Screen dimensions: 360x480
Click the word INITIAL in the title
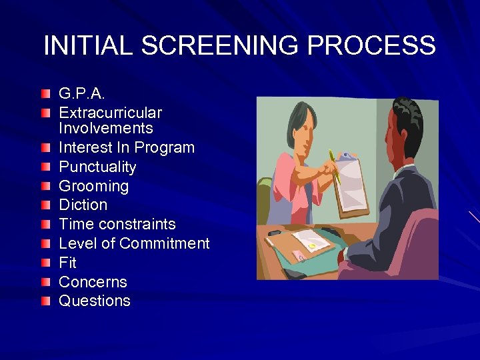coord(87,46)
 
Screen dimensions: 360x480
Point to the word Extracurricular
coord(110,113)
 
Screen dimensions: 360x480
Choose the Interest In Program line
coord(127,147)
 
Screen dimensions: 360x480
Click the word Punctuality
coord(97,167)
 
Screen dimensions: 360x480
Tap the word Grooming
coord(93,186)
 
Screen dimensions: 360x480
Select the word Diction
coord(83,205)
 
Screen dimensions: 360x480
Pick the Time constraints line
coord(117,224)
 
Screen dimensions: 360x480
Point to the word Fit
coord(67,263)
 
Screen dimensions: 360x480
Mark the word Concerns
coord(93,281)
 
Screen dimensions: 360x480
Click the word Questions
coord(95,301)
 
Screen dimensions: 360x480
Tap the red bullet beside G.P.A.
coord(45,92)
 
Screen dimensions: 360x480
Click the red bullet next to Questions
coord(45,301)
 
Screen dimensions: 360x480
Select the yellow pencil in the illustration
coord(335,167)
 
